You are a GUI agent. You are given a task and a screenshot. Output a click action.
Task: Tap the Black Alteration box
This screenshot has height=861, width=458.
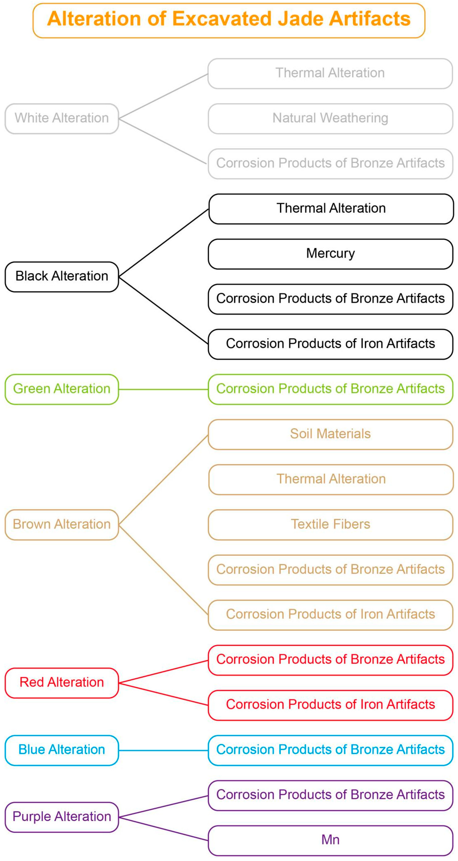point(62,277)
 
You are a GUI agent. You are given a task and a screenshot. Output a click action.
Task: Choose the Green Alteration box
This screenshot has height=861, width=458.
point(62,389)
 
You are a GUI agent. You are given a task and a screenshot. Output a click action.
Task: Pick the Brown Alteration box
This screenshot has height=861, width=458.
point(62,525)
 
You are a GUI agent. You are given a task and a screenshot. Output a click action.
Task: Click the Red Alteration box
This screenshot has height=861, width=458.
point(62,683)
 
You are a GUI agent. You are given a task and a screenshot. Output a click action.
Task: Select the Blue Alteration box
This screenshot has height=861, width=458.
point(62,750)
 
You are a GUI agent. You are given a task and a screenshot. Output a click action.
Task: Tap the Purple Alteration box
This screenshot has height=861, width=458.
point(62,817)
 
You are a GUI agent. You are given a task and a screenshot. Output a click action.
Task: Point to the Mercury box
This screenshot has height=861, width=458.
point(330,254)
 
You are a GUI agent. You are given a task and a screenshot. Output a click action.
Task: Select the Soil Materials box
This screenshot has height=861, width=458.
point(330,434)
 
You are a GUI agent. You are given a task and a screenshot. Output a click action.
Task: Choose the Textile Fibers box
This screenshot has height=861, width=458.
point(330,525)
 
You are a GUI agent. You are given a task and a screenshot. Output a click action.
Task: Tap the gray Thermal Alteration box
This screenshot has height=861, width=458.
point(330,74)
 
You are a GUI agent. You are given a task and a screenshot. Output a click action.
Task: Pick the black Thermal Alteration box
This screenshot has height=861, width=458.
point(331,209)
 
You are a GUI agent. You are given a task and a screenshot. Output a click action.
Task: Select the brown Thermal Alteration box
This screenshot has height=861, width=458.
point(331,480)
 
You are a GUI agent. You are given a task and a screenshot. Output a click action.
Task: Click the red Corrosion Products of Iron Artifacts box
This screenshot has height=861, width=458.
point(330,705)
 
